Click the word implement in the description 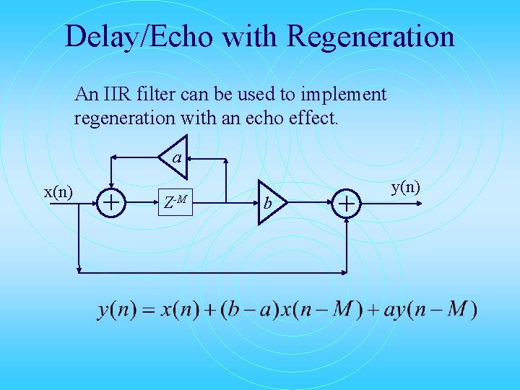(345, 95)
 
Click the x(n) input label (58, 191)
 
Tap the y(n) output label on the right (406, 188)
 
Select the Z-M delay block (175, 202)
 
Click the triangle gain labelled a (175, 157)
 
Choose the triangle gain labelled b (270, 203)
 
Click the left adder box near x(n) (110, 203)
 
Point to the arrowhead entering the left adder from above (110, 186)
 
